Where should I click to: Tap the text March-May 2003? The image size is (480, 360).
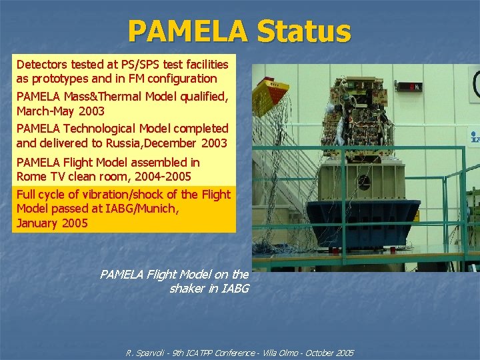(x=60, y=111)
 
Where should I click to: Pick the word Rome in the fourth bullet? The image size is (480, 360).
(x=30, y=177)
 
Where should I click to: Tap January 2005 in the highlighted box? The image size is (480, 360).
(x=52, y=223)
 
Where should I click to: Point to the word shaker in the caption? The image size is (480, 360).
(x=189, y=289)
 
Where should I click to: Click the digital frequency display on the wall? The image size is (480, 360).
(x=409, y=86)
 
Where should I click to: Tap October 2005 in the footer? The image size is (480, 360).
(x=331, y=353)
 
